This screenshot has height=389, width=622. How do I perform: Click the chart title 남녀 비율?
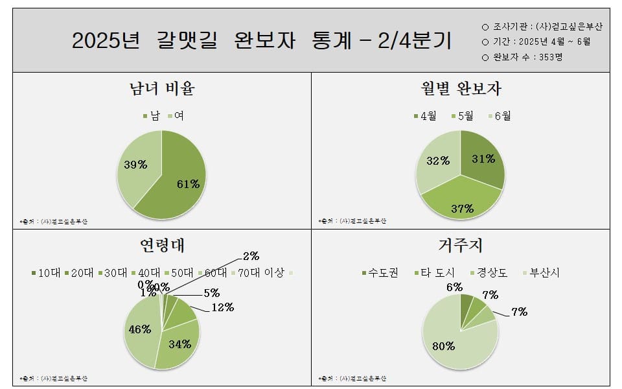coord(162,89)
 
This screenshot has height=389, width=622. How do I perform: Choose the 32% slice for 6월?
coord(438,163)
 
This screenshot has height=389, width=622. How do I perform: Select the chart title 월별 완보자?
coord(461,89)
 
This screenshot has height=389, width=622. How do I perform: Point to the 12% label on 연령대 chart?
coord(222,307)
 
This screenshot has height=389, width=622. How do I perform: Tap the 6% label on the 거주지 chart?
coord(454,287)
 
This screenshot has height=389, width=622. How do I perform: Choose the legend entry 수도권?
coord(380,273)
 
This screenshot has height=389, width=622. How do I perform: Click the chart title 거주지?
coord(460,246)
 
